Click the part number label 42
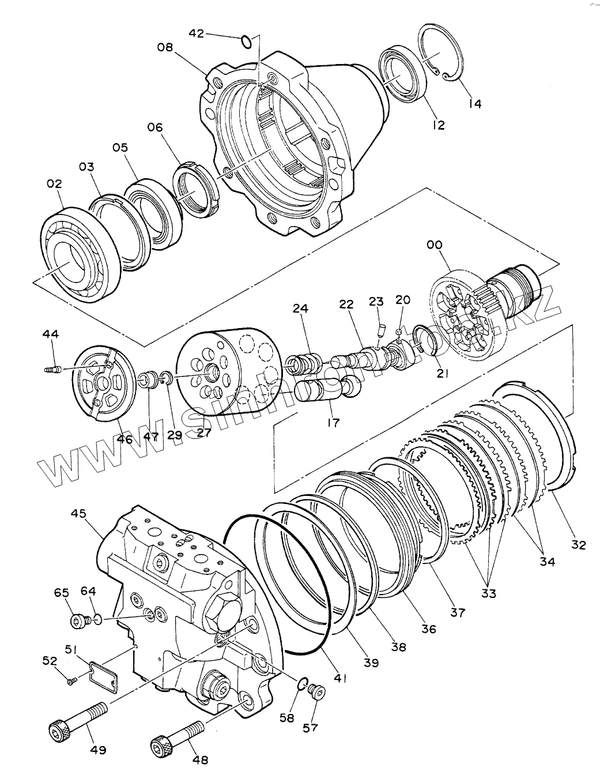(x=196, y=33)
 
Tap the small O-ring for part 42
(x=246, y=42)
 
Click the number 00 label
(x=435, y=245)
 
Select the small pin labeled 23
(x=380, y=330)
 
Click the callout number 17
(x=333, y=422)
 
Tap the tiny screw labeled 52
(x=71, y=682)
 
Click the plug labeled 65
(x=80, y=620)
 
